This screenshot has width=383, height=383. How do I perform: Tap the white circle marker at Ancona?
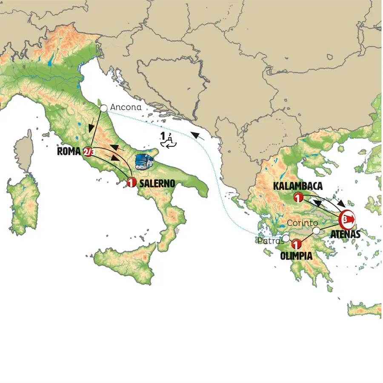click(x=103, y=109)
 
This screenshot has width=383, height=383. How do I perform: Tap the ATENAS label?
click(x=346, y=233)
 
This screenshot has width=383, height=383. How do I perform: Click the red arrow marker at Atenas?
click(x=347, y=218)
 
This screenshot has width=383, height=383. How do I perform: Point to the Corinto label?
click(x=302, y=223)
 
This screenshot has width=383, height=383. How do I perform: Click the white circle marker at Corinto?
click(x=316, y=231)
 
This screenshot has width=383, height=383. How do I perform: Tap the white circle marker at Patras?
click(x=286, y=238)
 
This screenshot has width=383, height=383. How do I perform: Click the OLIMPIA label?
click(x=296, y=256)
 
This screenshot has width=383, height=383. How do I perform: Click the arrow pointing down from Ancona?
click(x=91, y=127)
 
